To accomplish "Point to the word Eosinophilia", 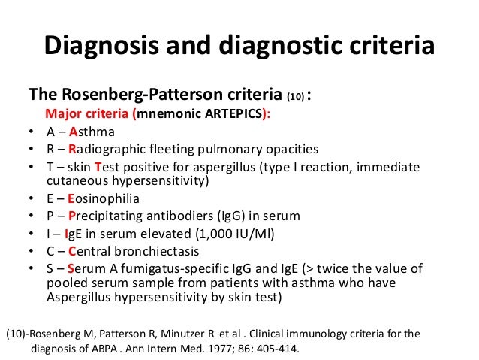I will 109,199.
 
